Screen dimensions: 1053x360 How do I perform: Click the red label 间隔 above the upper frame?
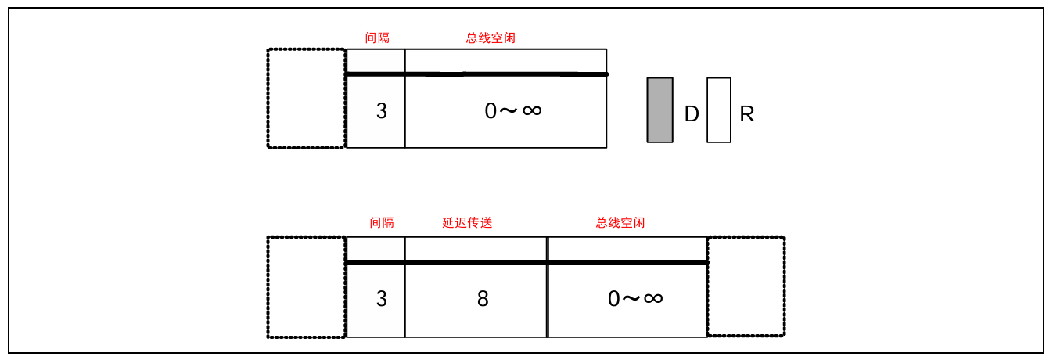pyautogui.click(x=377, y=38)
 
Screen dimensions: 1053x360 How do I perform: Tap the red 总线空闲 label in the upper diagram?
pyautogui.click(x=491, y=38)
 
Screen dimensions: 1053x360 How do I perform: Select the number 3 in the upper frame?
pyautogui.click(x=381, y=111)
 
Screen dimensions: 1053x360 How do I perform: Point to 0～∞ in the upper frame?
pyautogui.click(x=512, y=110)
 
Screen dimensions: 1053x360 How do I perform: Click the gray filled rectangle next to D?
pyautogui.click(x=659, y=110)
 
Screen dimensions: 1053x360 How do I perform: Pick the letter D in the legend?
pyautogui.click(x=691, y=114)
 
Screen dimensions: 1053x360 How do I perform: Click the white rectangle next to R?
pyautogui.click(x=718, y=110)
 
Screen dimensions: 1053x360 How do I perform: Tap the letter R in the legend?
pyautogui.click(x=746, y=114)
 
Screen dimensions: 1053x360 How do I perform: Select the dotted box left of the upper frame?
pyautogui.click(x=306, y=98)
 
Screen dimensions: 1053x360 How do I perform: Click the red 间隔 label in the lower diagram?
pyautogui.click(x=382, y=223)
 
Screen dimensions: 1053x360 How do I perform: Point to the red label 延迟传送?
pyautogui.click(x=467, y=223)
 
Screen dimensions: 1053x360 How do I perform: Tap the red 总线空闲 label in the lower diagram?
pyautogui.click(x=620, y=223)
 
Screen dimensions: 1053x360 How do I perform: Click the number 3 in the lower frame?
pyautogui.click(x=381, y=299)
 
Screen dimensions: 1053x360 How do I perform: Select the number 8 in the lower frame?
pyautogui.click(x=483, y=299)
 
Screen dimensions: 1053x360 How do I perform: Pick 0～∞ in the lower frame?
pyautogui.click(x=635, y=298)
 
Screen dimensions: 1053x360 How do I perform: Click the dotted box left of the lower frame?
pyautogui.click(x=306, y=287)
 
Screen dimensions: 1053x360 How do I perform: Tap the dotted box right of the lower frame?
pyautogui.click(x=746, y=287)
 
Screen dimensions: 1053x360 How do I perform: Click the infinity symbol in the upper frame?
pyautogui.click(x=531, y=110)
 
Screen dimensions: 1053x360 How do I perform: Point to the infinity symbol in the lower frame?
pyautogui.click(x=653, y=297)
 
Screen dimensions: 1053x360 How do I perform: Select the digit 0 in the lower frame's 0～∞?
pyautogui.click(x=614, y=299)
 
